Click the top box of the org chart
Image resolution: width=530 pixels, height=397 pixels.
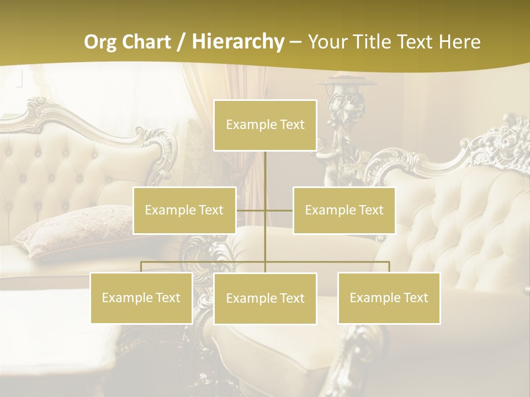pyautogui.click(x=265, y=125)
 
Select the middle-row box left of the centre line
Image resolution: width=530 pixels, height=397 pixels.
pyautogui.click(x=184, y=210)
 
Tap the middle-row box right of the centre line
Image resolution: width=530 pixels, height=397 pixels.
pyautogui.click(x=344, y=210)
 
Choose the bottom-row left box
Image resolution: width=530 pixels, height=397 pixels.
pyautogui.click(x=141, y=298)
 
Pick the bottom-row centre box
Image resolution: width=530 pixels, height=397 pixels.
pyautogui.click(x=265, y=298)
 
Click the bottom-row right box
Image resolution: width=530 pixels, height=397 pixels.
pyautogui.click(x=389, y=298)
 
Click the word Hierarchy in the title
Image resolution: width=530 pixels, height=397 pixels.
pyautogui.click(x=238, y=42)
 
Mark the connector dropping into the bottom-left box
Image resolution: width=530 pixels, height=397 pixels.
pyautogui.click(x=141, y=267)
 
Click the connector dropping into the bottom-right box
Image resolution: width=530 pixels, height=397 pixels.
pyautogui.click(x=389, y=267)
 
